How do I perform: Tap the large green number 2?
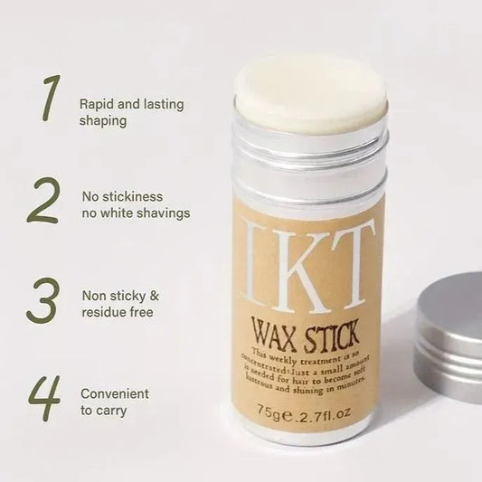[x=43, y=202]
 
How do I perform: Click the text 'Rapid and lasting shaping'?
[x=131, y=112]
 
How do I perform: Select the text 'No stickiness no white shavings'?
[x=135, y=205]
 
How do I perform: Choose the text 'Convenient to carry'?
[x=115, y=402]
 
